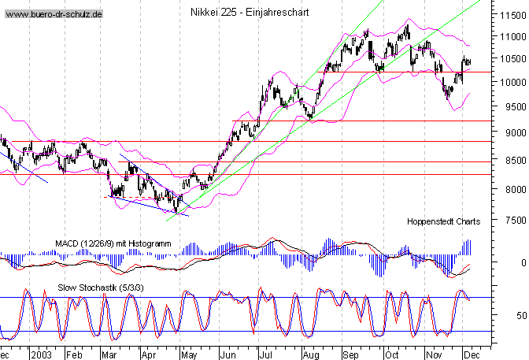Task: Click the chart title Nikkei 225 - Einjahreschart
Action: pyautogui.click(x=249, y=12)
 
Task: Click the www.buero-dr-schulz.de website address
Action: pyautogui.click(x=54, y=15)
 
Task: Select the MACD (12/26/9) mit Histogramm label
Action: pyautogui.click(x=113, y=244)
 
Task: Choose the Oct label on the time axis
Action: pyautogui.click(x=392, y=354)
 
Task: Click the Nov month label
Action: pyautogui.click(x=432, y=354)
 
